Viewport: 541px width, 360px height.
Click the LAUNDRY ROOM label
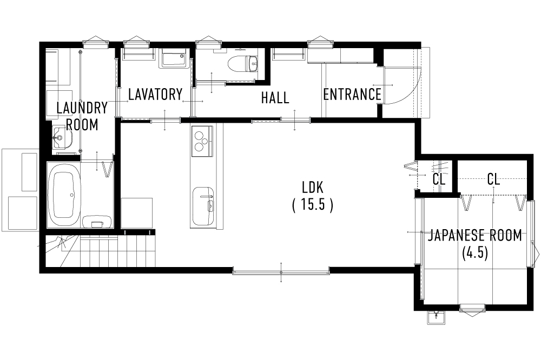pyautogui.click(x=82, y=116)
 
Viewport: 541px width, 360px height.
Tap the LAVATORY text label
pyautogui.click(x=155, y=95)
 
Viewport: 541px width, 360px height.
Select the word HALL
pyautogui.click(x=275, y=98)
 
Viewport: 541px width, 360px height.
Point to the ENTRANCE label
pyautogui.click(x=352, y=95)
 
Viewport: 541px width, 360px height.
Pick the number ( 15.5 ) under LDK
pyautogui.click(x=312, y=205)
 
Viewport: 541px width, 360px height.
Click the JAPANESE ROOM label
pyautogui.click(x=475, y=235)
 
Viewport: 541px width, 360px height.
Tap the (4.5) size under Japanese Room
pyautogui.click(x=475, y=253)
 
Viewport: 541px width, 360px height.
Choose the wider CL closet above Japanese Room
pyautogui.click(x=492, y=178)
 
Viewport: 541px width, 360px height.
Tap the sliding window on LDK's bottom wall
pyautogui.click(x=281, y=271)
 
